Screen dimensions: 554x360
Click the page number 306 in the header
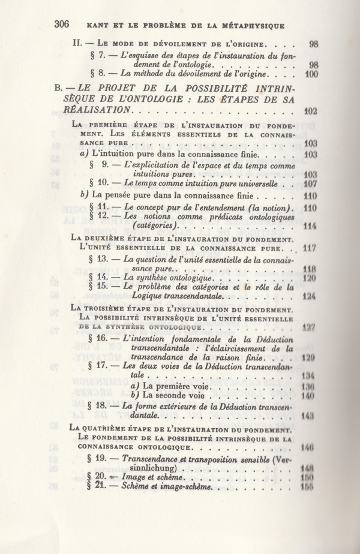point(62,25)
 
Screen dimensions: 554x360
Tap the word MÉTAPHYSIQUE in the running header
point(251,25)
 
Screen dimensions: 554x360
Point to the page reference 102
point(310,111)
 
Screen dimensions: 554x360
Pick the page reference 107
point(310,183)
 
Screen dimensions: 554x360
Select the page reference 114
point(310,226)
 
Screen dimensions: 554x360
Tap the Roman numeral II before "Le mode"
point(76,44)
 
